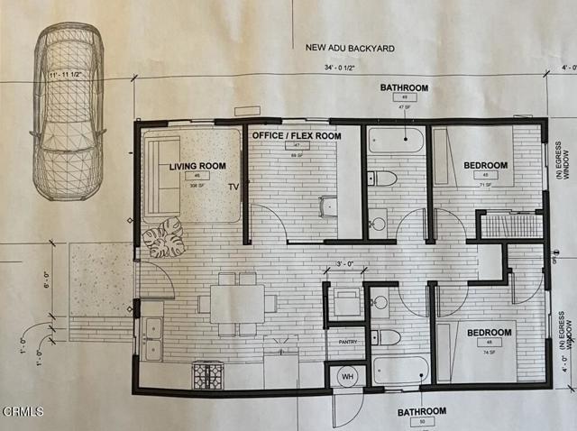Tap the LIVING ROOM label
(197, 167)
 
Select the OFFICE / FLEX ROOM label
(296, 135)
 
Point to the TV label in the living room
(234, 188)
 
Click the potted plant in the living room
(164, 237)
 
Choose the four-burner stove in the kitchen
(207, 374)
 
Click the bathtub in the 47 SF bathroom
(396, 140)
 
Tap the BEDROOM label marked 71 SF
(485, 165)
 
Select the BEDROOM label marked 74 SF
(488, 333)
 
